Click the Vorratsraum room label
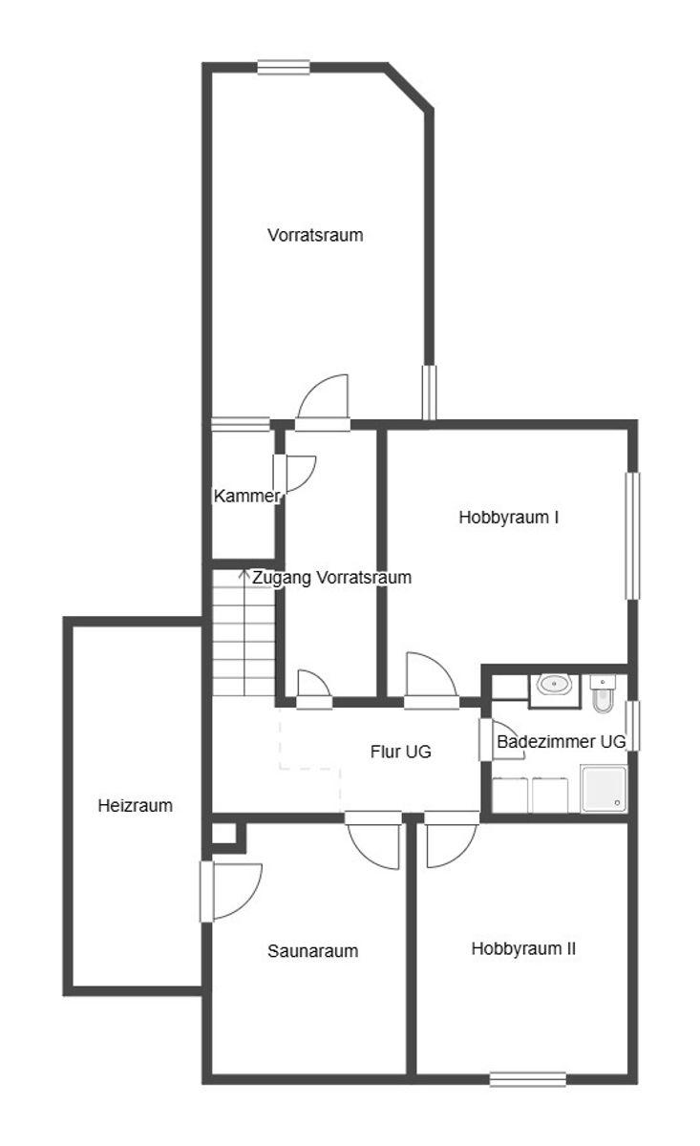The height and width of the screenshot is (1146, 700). coord(315,235)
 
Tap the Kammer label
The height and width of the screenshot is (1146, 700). coord(246,496)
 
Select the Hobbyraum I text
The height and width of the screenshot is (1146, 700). coord(508,518)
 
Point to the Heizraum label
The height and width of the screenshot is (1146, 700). coord(135,806)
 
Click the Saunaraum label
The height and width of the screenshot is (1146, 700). coord(312,951)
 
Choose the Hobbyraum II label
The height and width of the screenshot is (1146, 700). coord(523,949)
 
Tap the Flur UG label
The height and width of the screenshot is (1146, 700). coord(401,752)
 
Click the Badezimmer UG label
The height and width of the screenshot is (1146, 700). coord(561,741)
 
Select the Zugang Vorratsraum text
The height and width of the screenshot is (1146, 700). coord(332,578)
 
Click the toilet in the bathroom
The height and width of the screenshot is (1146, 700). coord(603,693)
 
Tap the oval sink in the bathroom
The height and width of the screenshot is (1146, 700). coord(554,685)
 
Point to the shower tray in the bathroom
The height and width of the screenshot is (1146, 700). coord(604,789)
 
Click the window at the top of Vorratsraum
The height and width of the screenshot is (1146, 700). coord(284,68)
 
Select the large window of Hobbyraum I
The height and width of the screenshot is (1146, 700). coord(633,536)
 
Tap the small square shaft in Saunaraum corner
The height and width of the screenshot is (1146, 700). coord(223,834)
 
